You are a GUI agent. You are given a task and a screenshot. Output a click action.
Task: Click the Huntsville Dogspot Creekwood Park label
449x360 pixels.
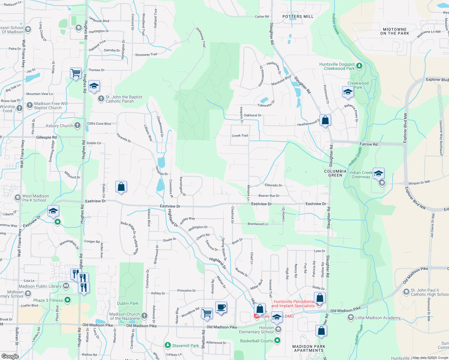(337, 66)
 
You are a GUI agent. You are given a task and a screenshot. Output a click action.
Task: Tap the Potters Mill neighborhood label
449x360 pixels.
(298, 16)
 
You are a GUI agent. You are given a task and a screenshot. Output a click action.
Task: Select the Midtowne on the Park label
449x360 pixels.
(394, 31)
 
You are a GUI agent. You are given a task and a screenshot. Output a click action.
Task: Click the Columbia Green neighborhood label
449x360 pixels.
(335, 173)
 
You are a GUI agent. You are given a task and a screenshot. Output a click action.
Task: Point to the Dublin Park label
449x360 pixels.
(128, 303)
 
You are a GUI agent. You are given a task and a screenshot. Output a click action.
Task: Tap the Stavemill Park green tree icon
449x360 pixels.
(168, 346)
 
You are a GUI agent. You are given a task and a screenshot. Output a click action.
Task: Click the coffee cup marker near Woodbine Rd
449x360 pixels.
(221, 307)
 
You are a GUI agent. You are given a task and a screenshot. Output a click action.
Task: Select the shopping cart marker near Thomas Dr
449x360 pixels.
(76, 73)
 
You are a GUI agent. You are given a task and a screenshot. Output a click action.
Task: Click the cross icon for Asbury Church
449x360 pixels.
(77, 125)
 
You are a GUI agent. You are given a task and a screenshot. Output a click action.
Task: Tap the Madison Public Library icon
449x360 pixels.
(66, 286)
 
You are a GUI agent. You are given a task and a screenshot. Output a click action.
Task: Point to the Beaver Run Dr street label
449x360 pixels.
(269, 196)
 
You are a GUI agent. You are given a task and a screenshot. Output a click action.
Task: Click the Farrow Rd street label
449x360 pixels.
(369, 144)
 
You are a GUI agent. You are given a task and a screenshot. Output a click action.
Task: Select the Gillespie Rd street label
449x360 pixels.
(46, 137)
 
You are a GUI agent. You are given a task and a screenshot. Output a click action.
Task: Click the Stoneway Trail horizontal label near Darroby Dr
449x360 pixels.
(146, 55)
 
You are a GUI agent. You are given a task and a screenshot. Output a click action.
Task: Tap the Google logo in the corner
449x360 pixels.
(10, 356)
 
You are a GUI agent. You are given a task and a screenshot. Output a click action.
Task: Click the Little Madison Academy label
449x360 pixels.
(378, 318)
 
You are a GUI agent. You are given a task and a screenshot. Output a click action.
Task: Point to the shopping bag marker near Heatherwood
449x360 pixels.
(325, 120)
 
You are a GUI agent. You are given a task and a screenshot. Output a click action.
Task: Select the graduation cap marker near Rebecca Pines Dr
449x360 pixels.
(348, 92)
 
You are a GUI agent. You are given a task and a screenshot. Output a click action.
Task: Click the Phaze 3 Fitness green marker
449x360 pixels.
(68, 300)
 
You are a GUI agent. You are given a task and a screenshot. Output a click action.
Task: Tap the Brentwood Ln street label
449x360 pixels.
(258, 224)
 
